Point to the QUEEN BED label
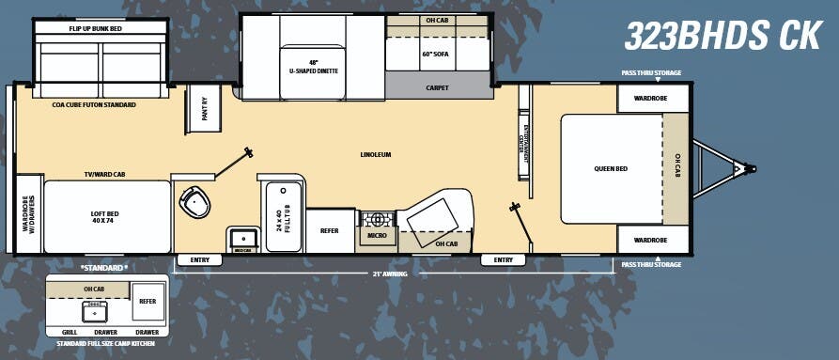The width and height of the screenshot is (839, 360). point(611,169)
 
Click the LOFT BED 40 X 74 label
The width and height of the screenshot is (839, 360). point(101,215)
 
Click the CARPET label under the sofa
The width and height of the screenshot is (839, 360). point(437,87)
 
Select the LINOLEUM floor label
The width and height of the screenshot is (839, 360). point(375,154)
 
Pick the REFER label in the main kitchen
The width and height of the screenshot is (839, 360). point(329,230)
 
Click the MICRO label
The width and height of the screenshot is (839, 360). point(377,236)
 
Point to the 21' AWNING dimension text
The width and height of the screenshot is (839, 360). point(375,274)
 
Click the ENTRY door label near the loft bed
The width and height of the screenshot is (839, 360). point(199,259)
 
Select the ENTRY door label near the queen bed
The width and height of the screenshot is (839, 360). point(503,259)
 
